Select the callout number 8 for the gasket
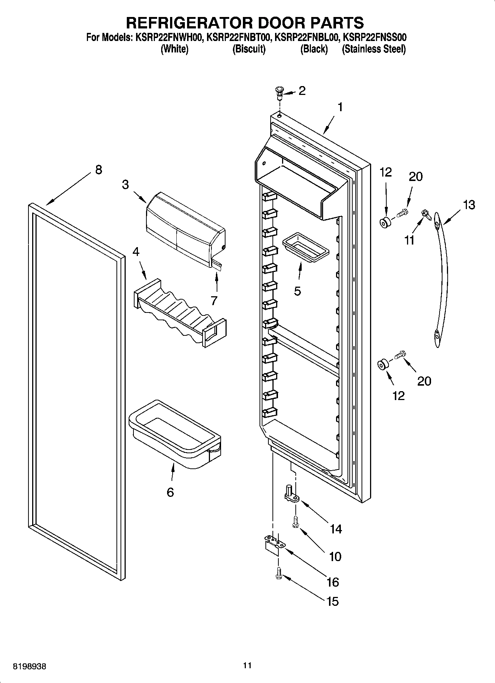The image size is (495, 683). pyautogui.click(x=98, y=170)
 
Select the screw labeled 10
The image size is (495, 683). pyautogui.click(x=295, y=523)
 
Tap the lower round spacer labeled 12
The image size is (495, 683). pyautogui.click(x=382, y=365)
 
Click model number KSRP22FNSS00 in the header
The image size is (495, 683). pyautogui.click(x=374, y=37)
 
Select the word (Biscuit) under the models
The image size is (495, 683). pyautogui.click(x=249, y=49)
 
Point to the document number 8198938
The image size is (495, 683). pyautogui.click(x=30, y=667)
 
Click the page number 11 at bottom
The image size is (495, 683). pyautogui.click(x=247, y=665)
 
